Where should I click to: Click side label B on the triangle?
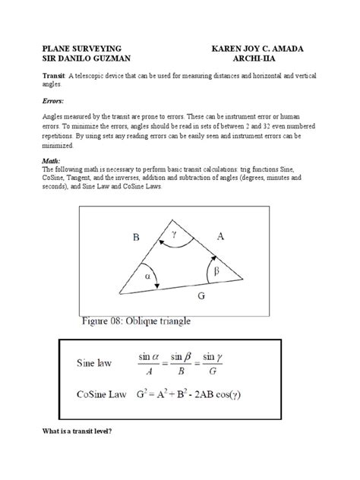pyautogui.click(x=137, y=237)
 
